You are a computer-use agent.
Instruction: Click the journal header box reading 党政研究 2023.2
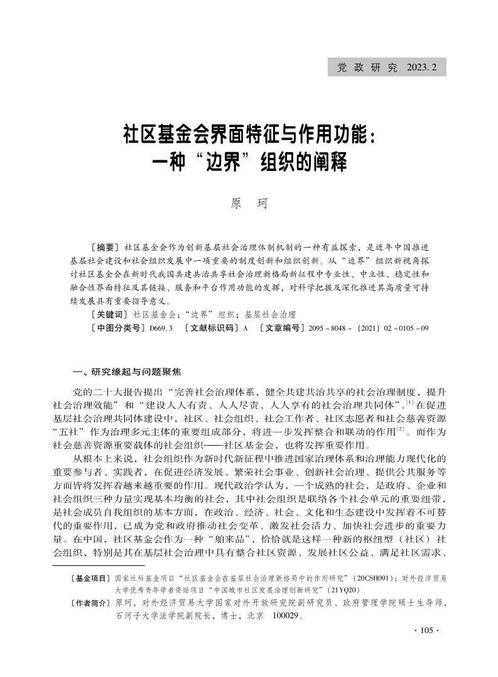(x=387, y=67)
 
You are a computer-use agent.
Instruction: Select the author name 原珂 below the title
(x=249, y=204)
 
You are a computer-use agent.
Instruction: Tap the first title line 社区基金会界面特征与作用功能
(x=249, y=135)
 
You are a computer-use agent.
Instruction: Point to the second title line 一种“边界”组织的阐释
(x=249, y=163)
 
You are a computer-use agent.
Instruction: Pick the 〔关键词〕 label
(x=110, y=314)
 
